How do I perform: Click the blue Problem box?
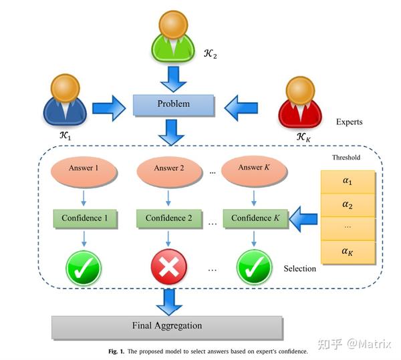coord(173,104)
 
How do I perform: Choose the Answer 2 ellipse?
coord(168,168)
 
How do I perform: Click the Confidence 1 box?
coord(85,218)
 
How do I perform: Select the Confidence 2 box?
coord(168,218)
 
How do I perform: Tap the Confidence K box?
coord(255,218)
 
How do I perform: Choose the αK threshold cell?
coord(348,252)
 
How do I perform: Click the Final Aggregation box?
coord(166,326)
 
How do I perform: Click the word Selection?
coord(299,268)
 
